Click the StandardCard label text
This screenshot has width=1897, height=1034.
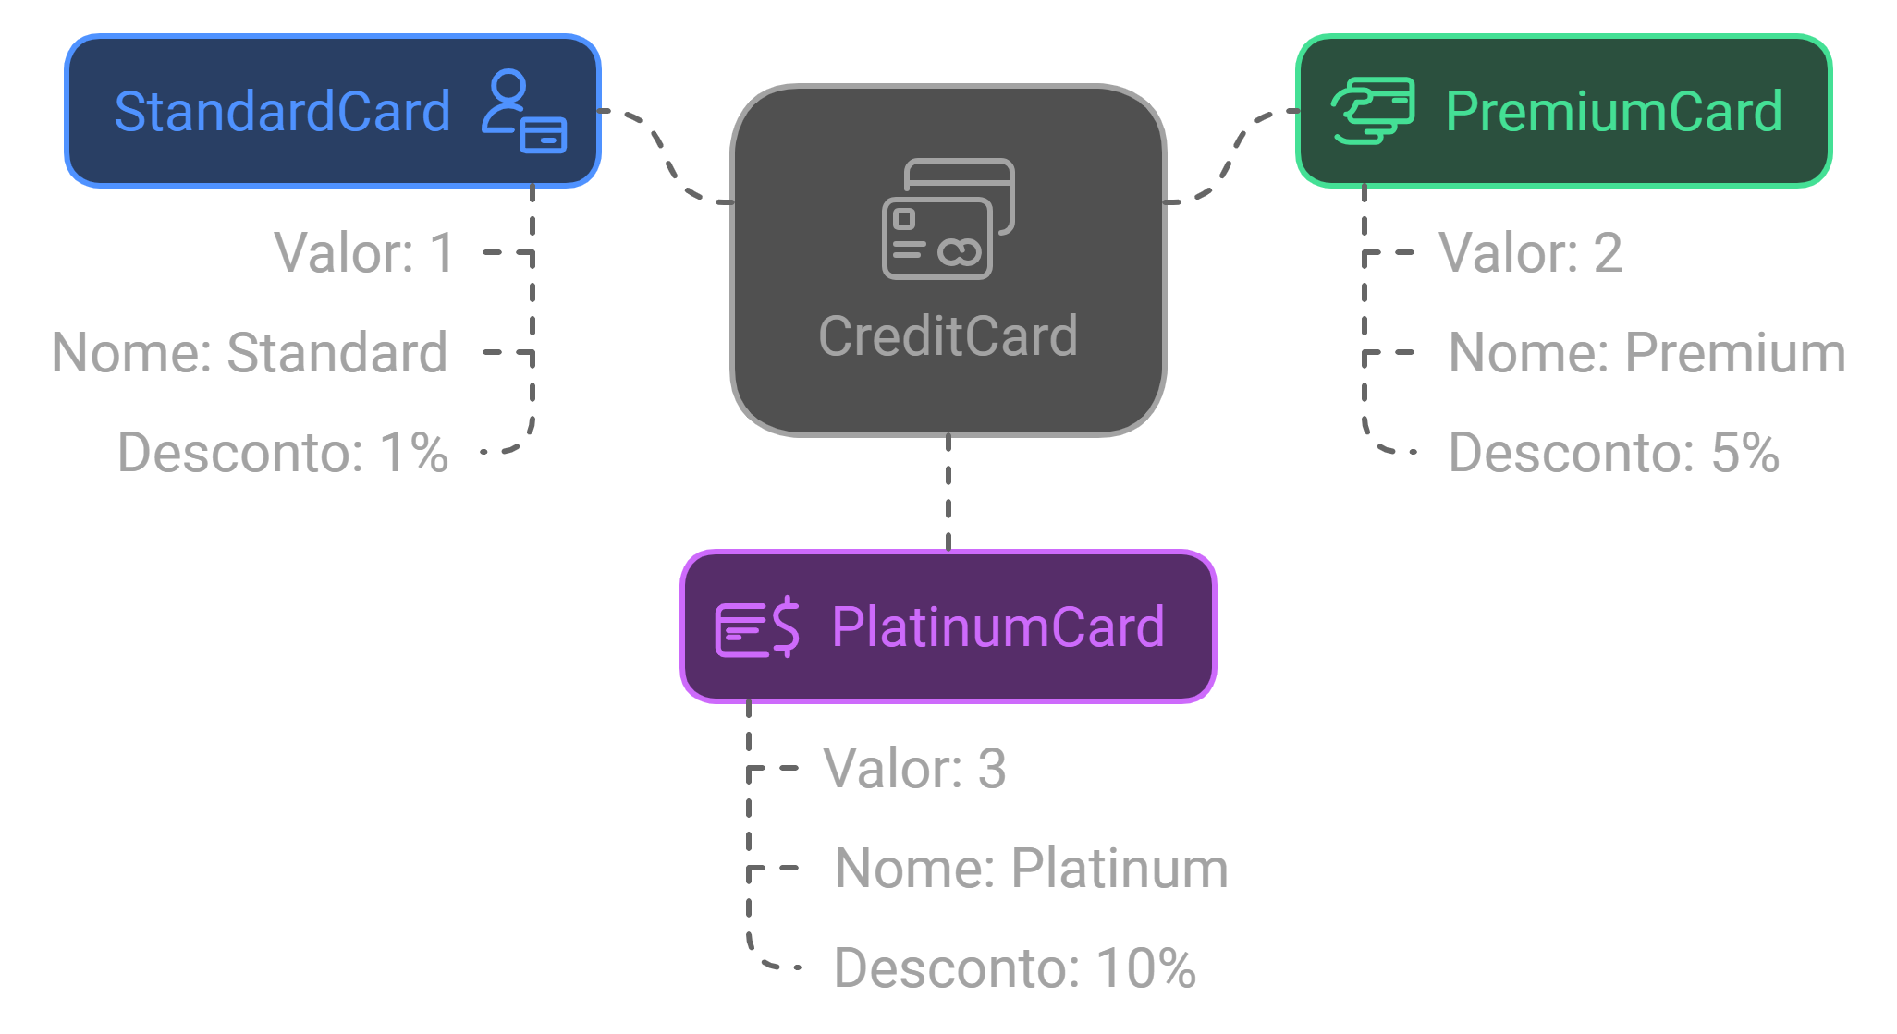282,112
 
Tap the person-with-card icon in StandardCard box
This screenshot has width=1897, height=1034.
523,112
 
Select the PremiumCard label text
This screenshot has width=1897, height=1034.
1613,112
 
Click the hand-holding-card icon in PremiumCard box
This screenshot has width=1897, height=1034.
1373,111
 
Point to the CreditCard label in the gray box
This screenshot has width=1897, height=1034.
948,335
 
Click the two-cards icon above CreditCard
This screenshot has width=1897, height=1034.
948,219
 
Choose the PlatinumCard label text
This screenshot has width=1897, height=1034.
997,626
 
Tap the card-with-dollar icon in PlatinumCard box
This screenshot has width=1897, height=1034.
757,627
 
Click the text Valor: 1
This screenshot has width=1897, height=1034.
364,252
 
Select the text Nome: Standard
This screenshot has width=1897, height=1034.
250,352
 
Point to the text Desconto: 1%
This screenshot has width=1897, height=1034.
283,452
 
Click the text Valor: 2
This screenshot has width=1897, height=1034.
1530,252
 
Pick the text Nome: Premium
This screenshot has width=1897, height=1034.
1646,352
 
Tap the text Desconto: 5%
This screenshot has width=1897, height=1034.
1613,452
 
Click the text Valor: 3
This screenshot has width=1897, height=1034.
914,768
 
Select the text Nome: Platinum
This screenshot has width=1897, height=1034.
1031,868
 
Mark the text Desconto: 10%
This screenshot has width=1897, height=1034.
1014,967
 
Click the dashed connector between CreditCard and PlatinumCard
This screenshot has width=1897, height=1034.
948,493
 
